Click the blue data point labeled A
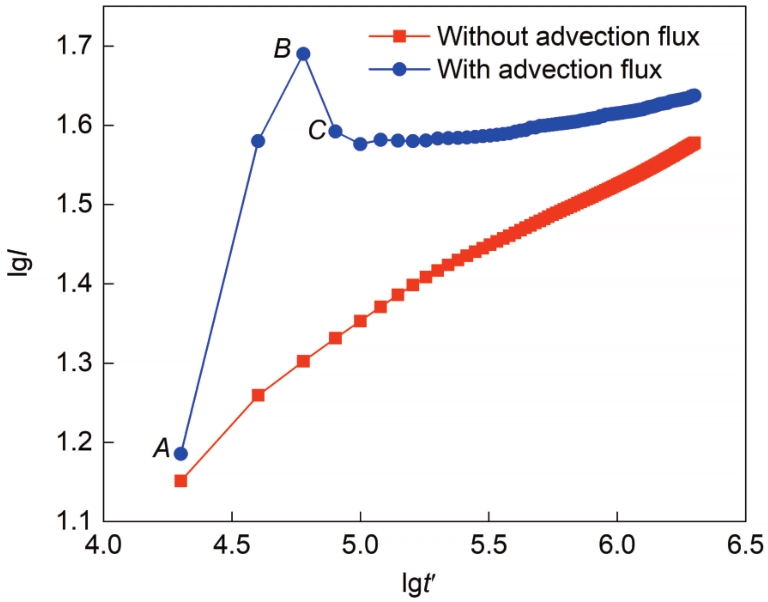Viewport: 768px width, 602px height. coord(181,453)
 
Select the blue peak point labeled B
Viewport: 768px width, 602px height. coord(303,53)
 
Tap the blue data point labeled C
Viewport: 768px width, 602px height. coord(336,131)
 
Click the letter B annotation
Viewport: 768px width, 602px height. coord(282,48)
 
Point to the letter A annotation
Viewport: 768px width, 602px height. coord(161,450)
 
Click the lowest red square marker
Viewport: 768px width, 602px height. coord(181,480)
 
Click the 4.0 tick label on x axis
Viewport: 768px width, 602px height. coord(104,547)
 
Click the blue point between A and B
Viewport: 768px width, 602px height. coord(258,141)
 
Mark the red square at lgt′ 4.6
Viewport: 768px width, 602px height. coord(258,395)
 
